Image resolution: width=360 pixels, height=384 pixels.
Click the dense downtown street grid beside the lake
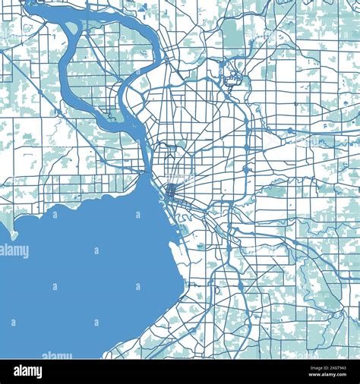(x=170, y=190)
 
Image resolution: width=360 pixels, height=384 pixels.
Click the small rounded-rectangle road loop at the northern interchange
(x=235, y=76)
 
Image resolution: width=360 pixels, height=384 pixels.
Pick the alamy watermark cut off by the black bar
(x=57, y=355)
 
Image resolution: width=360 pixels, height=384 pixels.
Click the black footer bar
(x=180, y=372)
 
